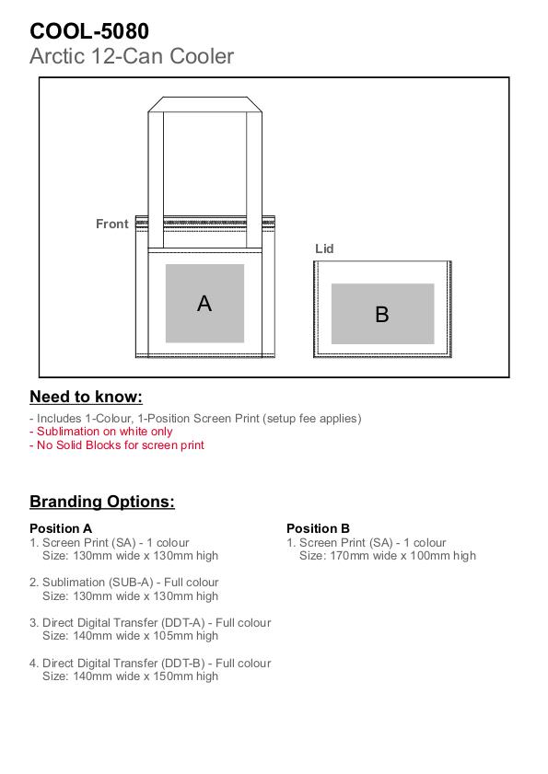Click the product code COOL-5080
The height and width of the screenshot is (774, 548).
click(89, 31)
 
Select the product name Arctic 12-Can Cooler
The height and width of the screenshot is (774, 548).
click(132, 56)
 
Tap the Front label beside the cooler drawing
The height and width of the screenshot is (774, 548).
click(112, 225)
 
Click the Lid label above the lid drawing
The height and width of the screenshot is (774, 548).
click(324, 248)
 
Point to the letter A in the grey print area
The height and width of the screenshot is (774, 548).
click(204, 303)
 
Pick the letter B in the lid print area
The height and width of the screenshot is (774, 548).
click(382, 315)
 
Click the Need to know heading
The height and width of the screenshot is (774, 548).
click(86, 397)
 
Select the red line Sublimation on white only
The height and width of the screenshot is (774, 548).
click(100, 432)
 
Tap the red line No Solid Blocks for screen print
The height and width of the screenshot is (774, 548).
click(117, 445)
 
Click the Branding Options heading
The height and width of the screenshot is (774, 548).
click(102, 502)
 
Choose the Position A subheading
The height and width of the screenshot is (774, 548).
click(61, 528)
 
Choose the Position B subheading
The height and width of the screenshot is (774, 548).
click(318, 528)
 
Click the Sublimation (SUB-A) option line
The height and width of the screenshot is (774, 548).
click(124, 583)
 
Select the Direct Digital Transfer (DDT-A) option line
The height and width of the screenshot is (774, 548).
click(150, 623)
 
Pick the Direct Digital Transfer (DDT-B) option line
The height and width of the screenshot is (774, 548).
click(150, 664)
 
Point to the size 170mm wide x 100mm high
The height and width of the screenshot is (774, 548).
click(388, 556)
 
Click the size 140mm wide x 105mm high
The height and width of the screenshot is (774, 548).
click(130, 636)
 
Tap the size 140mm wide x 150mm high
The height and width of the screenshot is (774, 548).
click(130, 676)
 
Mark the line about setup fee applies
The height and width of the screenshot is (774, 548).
click(195, 419)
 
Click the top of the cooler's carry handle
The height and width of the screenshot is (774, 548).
click(204, 98)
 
